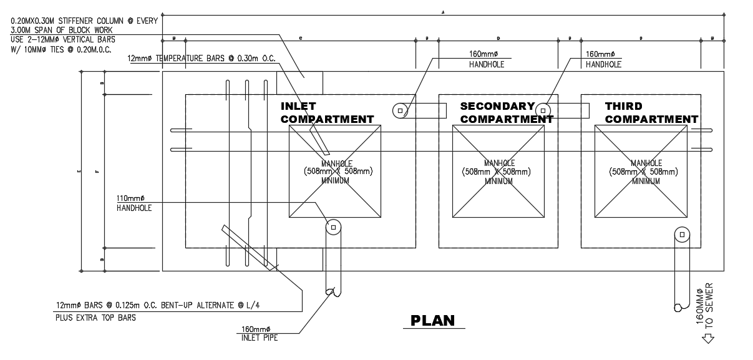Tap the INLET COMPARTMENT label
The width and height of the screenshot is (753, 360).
coord(327,112)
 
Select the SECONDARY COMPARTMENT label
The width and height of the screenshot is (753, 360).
coord(506,112)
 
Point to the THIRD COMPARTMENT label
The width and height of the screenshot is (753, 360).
coord(651,112)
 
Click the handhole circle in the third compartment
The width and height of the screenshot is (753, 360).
coord(683,235)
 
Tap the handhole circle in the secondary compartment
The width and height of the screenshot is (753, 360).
coord(543,110)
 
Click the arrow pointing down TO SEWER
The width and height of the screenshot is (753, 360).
coord(707,339)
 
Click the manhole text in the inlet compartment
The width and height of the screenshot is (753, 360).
coord(335,172)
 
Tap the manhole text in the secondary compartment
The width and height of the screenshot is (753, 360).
coord(497,172)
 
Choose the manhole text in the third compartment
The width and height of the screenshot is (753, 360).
coord(645,172)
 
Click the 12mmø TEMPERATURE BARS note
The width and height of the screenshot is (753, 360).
coord(202,58)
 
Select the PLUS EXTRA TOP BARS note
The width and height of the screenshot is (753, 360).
coord(95,317)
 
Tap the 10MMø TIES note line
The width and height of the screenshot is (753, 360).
coord(61,48)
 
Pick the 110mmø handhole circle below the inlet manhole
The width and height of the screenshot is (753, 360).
coord(333,227)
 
